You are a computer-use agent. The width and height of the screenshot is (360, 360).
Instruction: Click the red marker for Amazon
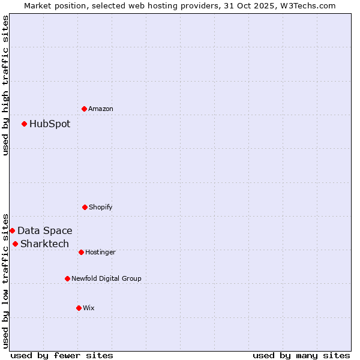click(x=85, y=109)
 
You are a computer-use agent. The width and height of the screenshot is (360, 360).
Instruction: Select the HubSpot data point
click(x=25, y=124)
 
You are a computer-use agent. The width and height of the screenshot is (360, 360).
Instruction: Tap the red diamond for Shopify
click(x=85, y=207)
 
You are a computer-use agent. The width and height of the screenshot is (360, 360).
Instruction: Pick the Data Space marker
click(x=12, y=230)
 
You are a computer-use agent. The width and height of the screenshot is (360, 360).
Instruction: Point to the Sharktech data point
click(x=15, y=244)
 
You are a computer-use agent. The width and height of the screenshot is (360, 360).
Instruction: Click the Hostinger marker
click(x=81, y=252)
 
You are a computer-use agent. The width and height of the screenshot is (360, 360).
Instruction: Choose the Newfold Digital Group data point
click(x=67, y=278)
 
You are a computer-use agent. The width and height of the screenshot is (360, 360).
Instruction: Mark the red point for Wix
click(x=79, y=308)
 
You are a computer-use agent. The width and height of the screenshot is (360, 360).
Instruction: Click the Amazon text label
click(x=101, y=109)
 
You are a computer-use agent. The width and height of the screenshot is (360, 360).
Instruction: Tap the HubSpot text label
click(x=50, y=124)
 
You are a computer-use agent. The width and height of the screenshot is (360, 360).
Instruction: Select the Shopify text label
click(x=101, y=207)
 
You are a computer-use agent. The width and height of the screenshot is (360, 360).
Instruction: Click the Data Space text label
click(x=45, y=231)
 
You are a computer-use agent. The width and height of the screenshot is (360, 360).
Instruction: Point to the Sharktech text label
click(x=45, y=244)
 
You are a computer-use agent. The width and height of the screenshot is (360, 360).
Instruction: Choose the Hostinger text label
click(x=100, y=252)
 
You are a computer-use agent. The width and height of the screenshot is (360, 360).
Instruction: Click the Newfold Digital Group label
click(x=106, y=278)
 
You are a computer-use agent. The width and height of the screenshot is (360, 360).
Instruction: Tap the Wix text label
click(x=89, y=308)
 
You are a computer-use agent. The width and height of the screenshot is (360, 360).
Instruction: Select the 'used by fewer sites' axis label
click(x=62, y=355)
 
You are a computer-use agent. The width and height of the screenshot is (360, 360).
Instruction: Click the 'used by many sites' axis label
click(x=301, y=355)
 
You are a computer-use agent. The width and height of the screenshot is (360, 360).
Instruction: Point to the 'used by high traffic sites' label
click(x=5, y=85)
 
